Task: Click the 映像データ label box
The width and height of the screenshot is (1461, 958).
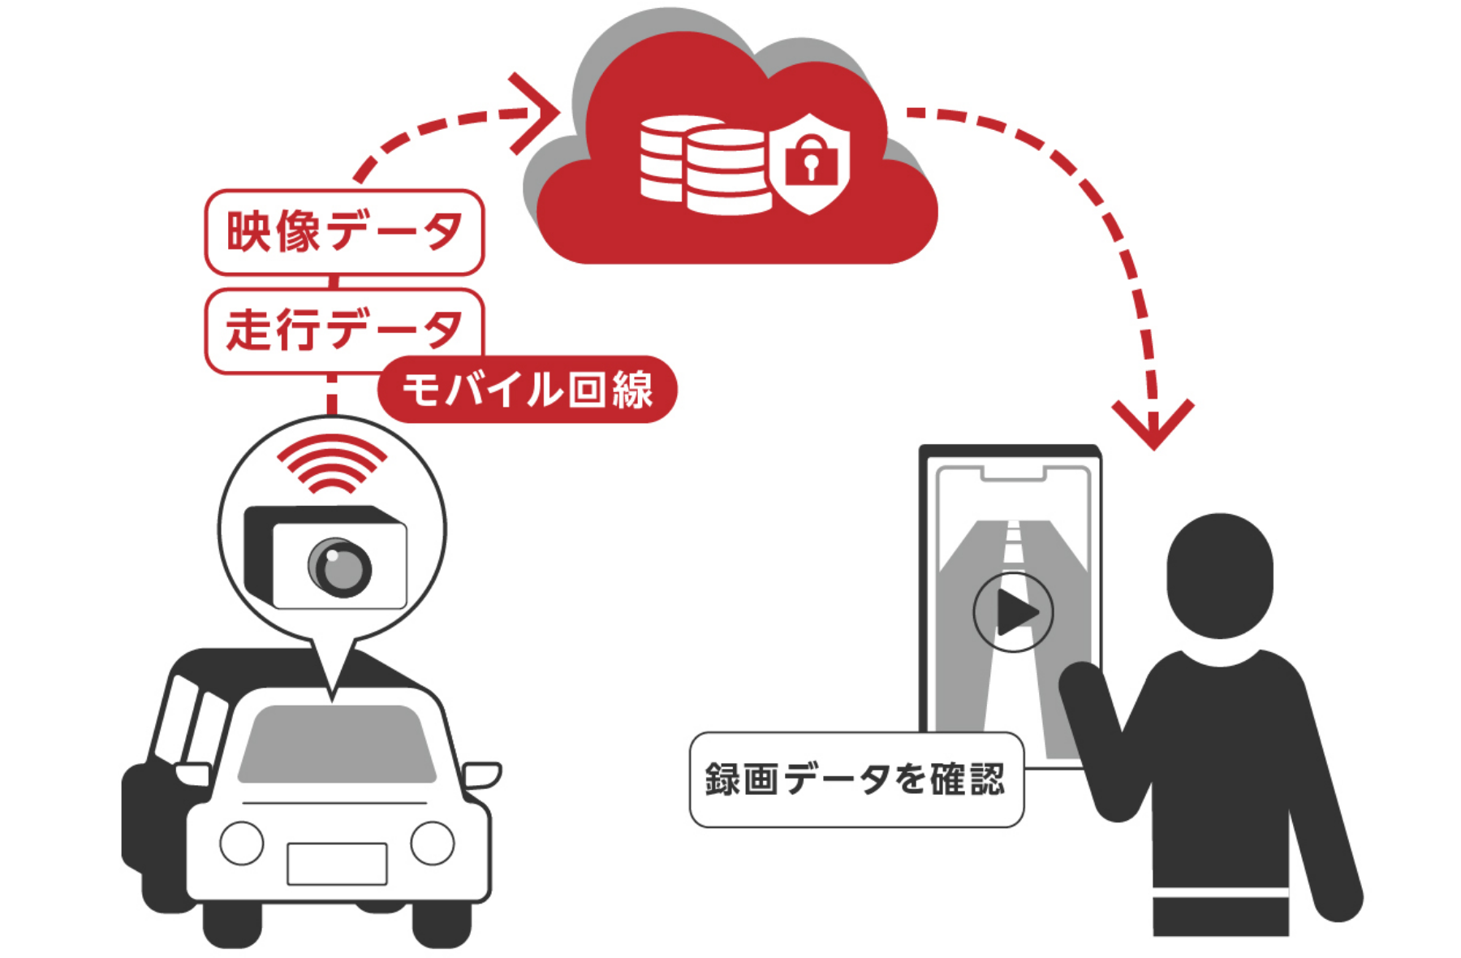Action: click(x=344, y=232)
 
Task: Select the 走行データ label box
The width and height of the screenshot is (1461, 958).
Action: click(x=344, y=330)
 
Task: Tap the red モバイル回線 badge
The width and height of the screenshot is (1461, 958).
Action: click(x=528, y=390)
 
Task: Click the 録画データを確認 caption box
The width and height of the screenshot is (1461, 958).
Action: click(x=855, y=779)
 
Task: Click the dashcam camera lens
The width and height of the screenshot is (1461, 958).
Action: click(x=340, y=567)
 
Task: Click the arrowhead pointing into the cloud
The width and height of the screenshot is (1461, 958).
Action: click(x=536, y=114)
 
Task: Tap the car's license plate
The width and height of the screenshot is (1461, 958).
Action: click(x=337, y=864)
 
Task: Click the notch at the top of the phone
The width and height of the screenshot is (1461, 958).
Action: click(x=1012, y=473)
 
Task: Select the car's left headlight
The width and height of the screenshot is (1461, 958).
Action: click(x=242, y=843)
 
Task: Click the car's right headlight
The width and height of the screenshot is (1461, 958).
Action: click(x=432, y=843)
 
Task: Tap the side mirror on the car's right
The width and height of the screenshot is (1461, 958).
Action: click(x=481, y=775)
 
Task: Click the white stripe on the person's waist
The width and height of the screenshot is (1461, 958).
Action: click(x=1220, y=893)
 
